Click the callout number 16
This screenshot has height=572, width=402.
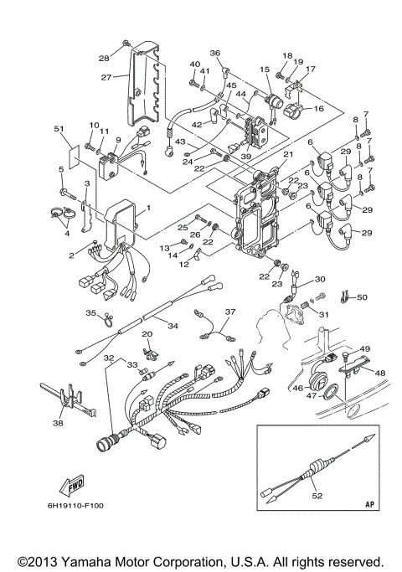[x=319, y=109]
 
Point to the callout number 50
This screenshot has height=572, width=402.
[x=362, y=297]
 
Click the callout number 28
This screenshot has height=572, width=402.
[x=105, y=58]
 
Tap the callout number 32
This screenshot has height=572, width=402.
[x=107, y=357]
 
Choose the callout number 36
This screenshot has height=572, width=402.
[x=214, y=54]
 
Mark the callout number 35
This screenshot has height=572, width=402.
[x=91, y=312]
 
